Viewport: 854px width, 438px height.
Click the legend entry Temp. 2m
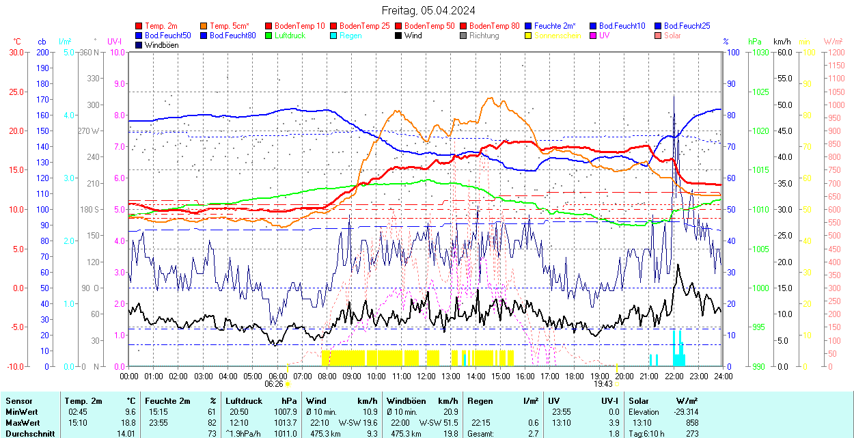click(161, 26)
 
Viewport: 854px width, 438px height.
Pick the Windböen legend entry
click(161, 45)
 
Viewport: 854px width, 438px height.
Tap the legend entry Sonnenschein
click(557, 36)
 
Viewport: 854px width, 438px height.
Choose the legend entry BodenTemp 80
click(494, 26)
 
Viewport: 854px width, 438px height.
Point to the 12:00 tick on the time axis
click(426, 376)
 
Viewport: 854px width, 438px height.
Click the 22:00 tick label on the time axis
click(674, 376)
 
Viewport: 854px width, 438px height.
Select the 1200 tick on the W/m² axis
click(836, 53)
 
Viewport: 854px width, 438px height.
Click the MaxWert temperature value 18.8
click(128, 422)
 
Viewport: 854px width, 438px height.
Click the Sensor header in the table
click(18, 401)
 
